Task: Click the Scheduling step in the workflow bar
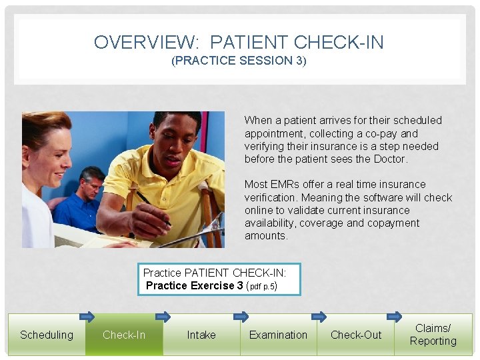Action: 47,335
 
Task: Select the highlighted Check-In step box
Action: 124,335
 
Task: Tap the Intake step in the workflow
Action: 201,335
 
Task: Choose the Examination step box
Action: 278,335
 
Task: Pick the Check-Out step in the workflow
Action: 356,335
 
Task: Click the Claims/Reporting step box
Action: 433,335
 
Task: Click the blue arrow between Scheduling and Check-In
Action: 87,317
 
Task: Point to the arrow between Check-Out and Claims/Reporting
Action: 395,316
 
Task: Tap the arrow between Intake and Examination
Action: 241,317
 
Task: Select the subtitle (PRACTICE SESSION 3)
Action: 239,61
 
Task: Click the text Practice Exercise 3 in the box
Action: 194,285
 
